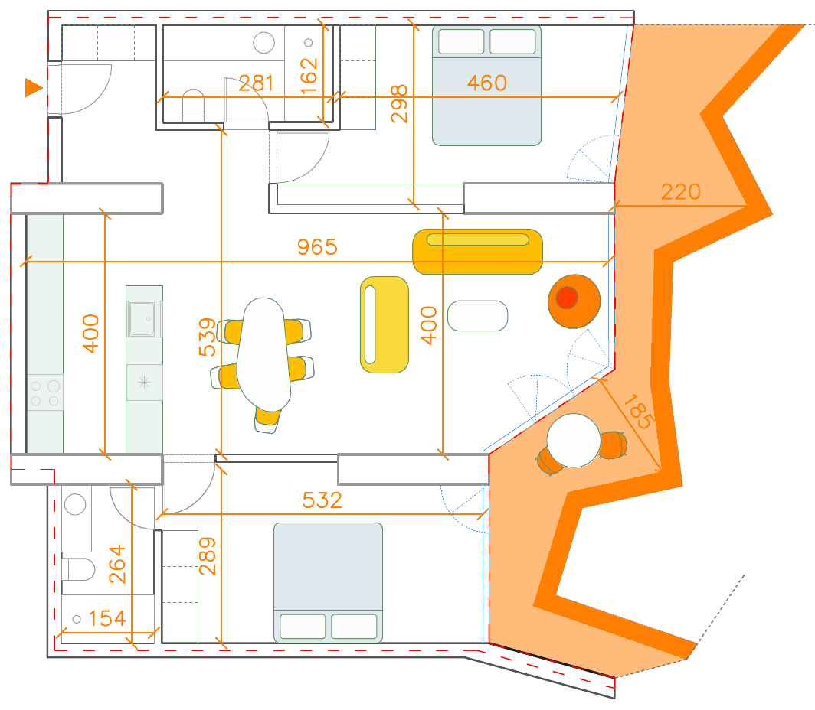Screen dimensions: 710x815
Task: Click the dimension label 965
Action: pyautogui.click(x=317, y=247)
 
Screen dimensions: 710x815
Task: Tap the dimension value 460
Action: pyautogui.click(x=486, y=83)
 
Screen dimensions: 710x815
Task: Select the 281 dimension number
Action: pyautogui.click(x=257, y=83)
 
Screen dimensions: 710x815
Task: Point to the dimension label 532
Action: pyautogui.click(x=322, y=500)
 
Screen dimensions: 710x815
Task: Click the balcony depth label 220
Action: pyautogui.click(x=681, y=191)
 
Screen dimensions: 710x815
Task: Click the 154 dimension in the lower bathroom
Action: pyautogui.click(x=107, y=618)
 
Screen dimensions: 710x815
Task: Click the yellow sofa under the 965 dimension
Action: pyautogui.click(x=478, y=251)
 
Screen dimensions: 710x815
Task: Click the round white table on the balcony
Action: pyautogui.click(x=573, y=440)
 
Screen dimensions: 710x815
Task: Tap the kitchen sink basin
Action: pyautogui.click(x=143, y=318)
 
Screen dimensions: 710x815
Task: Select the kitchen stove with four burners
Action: pyautogui.click(x=44, y=393)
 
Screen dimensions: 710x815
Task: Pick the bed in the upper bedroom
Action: pyautogui.click(x=486, y=85)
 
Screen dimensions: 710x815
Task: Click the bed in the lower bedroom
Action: pyautogui.click(x=328, y=581)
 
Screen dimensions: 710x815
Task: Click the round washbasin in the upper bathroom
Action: pyautogui.click(x=263, y=43)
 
